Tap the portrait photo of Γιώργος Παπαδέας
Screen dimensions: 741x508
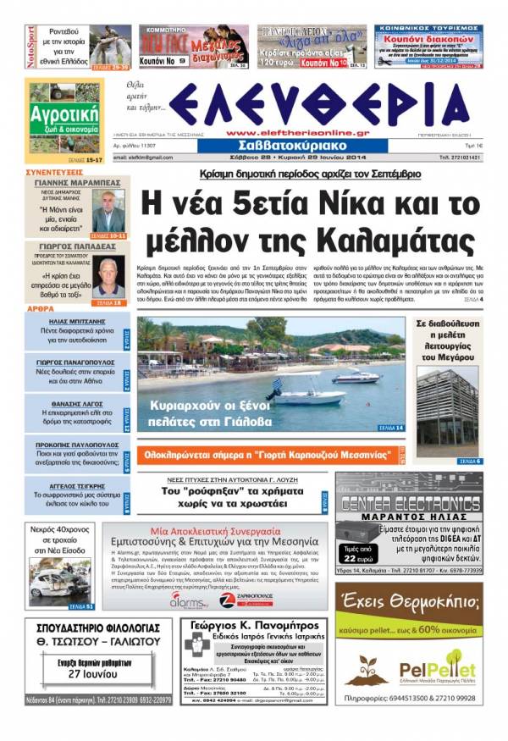[108, 279]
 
